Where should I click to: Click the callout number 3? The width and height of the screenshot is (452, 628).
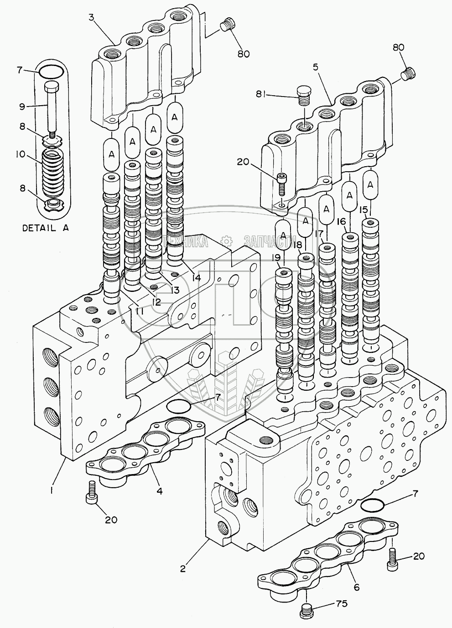[92, 18]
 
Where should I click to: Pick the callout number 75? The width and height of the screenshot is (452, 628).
[341, 604]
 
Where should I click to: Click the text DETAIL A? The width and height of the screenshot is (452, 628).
[46, 228]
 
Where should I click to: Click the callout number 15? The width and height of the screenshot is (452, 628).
[363, 210]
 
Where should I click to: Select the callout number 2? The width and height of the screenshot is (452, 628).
[183, 568]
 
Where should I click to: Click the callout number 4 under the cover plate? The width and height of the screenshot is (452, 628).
[160, 491]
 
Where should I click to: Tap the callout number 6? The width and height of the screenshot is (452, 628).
[357, 587]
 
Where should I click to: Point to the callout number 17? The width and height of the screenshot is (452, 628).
[319, 234]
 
